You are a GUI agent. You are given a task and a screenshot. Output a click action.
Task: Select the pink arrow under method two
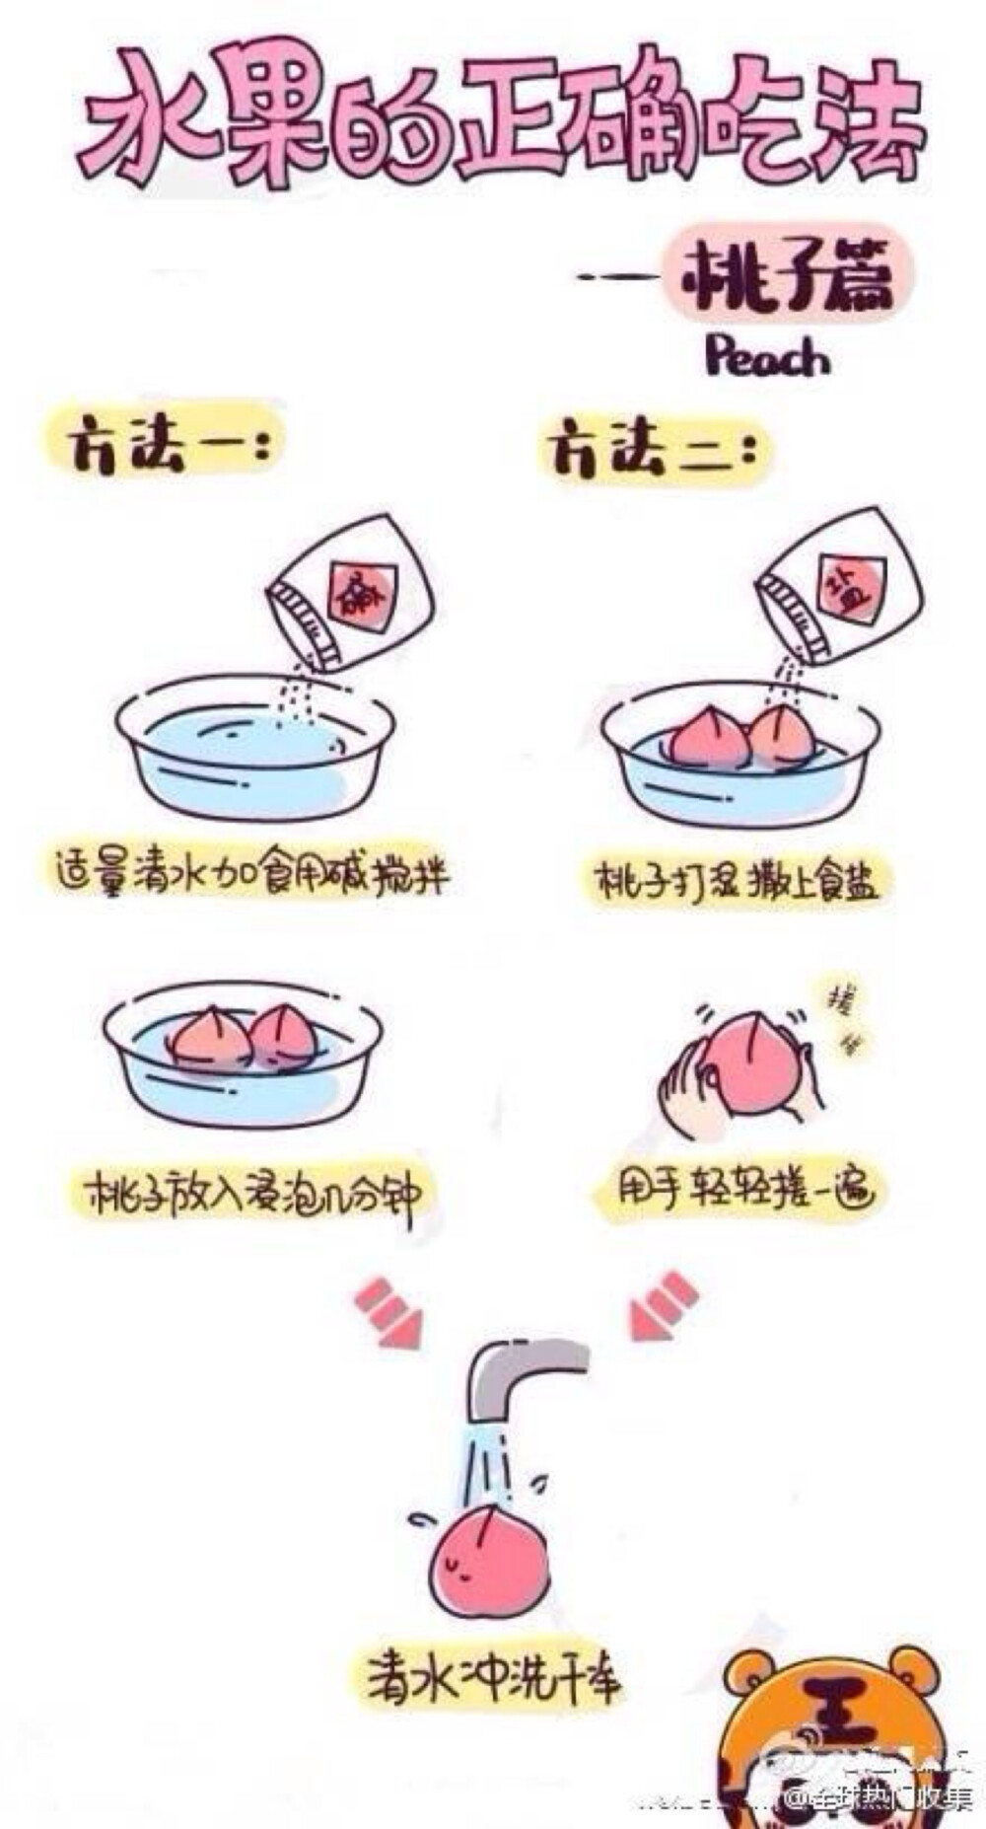click(x=664, y=1305)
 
